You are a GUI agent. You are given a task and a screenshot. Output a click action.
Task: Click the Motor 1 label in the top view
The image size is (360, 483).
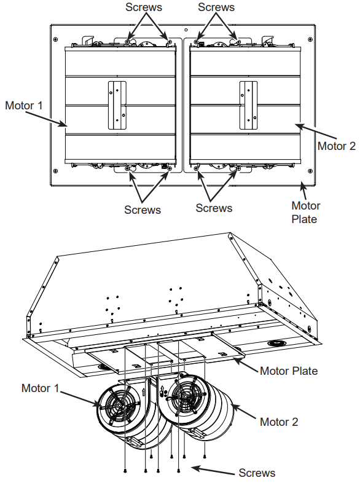click(x=24, y=105)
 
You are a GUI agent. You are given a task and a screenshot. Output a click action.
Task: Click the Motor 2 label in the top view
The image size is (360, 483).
click(x=336, y=146)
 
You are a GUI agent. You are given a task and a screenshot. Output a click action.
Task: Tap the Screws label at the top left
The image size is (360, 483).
click(x=144, y=7)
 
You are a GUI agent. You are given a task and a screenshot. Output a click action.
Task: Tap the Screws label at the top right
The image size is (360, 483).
click(x=216, y=7)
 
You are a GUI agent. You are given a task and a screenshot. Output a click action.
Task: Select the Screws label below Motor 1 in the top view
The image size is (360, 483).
click(x=143, y=210)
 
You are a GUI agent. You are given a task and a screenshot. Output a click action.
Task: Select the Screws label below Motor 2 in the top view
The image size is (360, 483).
click(x=214, y=208)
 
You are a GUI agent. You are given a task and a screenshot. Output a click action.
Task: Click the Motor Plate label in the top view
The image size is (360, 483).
click(x=305, y=211)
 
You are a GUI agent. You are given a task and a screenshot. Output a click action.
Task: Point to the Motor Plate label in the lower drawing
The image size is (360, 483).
click(x=289, y=371)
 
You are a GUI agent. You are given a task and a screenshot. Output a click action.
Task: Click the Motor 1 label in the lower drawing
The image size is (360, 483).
click(x=40, y=388)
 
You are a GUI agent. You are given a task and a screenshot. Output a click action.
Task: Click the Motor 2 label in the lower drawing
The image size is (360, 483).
click(x=278, y=422)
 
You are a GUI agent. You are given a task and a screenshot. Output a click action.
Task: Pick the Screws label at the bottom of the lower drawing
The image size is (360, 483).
click(x=257, y=473)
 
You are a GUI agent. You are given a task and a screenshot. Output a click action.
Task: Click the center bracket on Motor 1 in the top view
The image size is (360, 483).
click(x=117, y=105)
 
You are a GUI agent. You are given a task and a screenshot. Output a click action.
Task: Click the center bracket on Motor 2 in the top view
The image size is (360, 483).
click(x=249, y=105)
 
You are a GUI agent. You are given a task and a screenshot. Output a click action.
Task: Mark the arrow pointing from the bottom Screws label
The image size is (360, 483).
click(x=213, y=470)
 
